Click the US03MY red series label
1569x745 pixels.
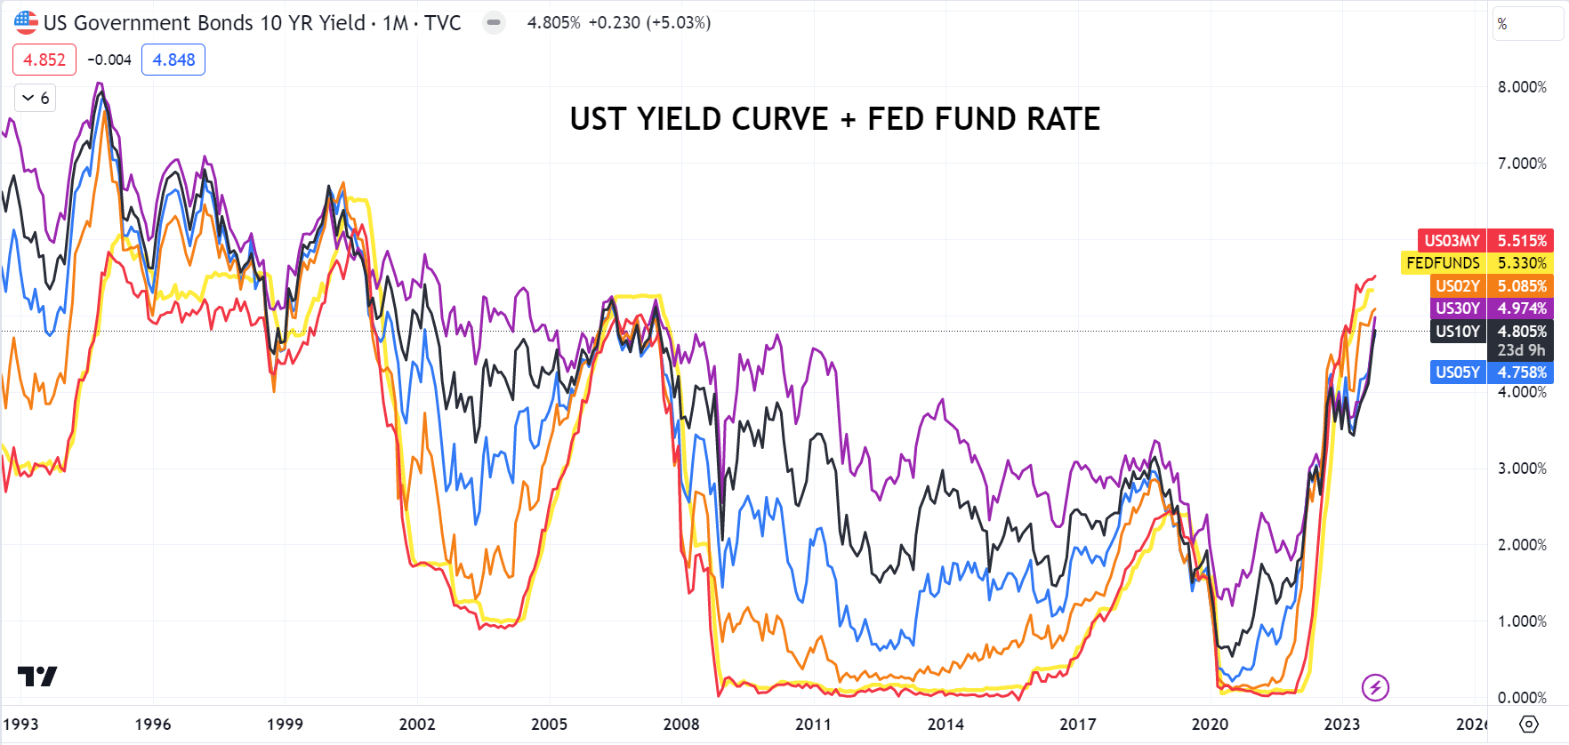click(1452, 241)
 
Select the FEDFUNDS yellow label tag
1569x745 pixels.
click(1443, 263)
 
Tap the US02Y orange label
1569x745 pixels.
click(1457, 286)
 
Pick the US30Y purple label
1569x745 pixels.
click(1457, 308)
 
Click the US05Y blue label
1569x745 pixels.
click(1457, 372)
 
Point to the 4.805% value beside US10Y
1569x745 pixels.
click(1522, 332)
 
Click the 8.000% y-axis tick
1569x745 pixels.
click(1522, 87)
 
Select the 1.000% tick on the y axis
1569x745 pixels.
click(1522, 621)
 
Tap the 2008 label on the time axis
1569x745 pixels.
click(681, 725)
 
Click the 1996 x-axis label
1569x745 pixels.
click(153, 725)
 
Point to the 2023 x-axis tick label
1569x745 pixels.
click(1341, 725)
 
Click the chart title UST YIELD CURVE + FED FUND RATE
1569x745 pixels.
click(834, 119)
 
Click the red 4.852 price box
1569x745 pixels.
click(44, 60)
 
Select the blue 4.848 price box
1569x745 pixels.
click(173, 60)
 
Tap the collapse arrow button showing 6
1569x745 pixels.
click(36, 98)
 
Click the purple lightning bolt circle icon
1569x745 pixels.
click(1375, 687)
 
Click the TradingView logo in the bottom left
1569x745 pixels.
click(37, 677)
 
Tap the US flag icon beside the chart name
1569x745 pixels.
click(26, 22)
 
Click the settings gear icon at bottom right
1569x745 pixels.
click(1528, 724)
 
